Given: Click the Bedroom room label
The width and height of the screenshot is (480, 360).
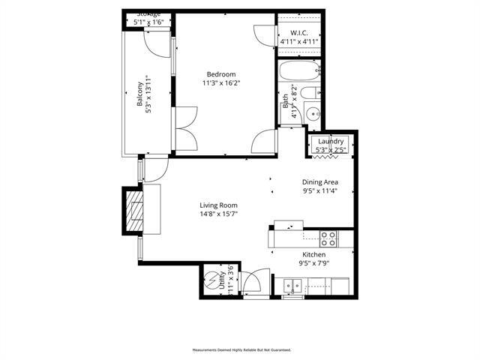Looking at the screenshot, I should click(x=221, y=74).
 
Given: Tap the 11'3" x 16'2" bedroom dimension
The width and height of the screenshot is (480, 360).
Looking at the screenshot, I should click(x=221, y=83).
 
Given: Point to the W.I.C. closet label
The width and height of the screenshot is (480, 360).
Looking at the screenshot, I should click(x=300, y=33).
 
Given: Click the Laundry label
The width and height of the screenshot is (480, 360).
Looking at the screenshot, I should click(x=331, y=142).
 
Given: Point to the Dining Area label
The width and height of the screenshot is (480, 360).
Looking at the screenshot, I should click(x=320, y=181).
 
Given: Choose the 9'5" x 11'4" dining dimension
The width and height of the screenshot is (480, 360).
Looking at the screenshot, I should click(x=320, y=190).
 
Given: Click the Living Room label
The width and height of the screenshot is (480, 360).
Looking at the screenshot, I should click(x=218, y=205).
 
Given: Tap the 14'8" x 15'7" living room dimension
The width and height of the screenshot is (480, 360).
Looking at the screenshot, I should click(x=218, y=214).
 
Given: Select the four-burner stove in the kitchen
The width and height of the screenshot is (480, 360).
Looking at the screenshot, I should click(x=328, y=238).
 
